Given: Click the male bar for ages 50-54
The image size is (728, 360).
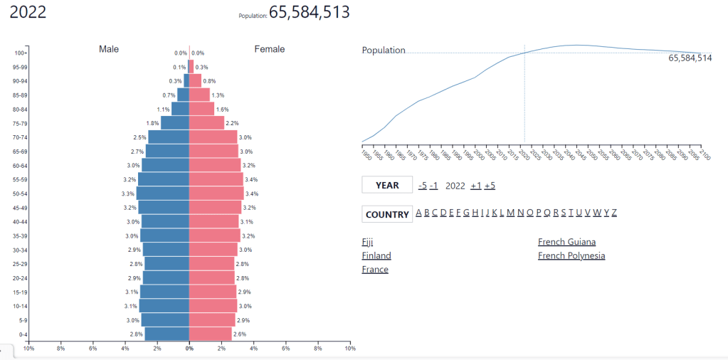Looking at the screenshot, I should point(163,193).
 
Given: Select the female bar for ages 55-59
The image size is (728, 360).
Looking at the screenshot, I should point(216,179).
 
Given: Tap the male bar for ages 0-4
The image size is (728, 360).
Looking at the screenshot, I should point(167,334).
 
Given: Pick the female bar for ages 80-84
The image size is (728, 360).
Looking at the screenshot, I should point(201,109).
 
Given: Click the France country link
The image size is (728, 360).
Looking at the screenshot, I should point(375,270).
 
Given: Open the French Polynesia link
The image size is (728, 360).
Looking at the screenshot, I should point(571,255).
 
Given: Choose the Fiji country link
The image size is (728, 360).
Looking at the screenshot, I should point(367,242).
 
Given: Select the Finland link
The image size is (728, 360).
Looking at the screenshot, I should point(376,255).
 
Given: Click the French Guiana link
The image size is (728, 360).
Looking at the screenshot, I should point(566,242).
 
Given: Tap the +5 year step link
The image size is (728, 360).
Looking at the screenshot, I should point(490,186).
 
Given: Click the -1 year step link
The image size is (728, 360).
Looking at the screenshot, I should point(433,186).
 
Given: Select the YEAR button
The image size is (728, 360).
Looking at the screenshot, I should point(387,185).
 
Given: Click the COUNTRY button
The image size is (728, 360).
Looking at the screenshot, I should point(387,214).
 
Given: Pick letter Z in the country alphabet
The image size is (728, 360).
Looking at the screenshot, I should point(614,213).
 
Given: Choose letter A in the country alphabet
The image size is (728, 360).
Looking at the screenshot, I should point(418,213).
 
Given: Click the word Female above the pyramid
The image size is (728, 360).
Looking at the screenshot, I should point(269,49).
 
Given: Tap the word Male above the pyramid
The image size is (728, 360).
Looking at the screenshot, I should point(109,49).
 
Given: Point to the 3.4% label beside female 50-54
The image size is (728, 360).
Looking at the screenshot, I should point(252,194).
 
